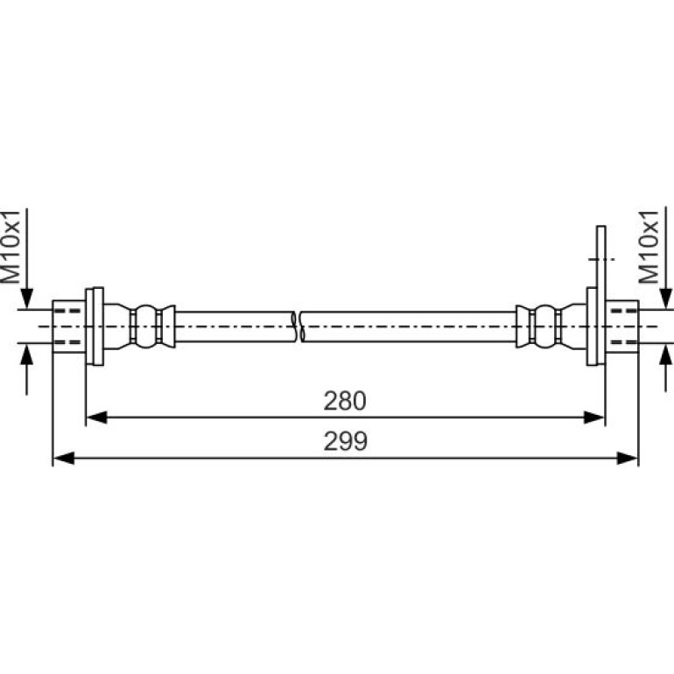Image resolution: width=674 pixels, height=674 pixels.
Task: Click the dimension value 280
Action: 345,401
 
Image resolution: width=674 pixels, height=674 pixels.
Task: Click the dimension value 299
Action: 346,441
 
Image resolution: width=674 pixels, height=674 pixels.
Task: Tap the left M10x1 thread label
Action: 11,247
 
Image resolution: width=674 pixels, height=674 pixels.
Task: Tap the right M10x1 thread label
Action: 649,247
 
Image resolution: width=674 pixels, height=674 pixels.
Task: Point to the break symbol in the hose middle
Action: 297,326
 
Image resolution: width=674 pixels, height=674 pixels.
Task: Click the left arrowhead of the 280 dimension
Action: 96,417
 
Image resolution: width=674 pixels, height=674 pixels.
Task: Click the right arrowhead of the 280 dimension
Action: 594,417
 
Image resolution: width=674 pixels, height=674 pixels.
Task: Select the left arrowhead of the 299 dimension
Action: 63,458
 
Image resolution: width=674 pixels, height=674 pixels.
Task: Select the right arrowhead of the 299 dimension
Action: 628,458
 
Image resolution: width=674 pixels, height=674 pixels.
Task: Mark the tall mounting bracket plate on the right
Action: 601,295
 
